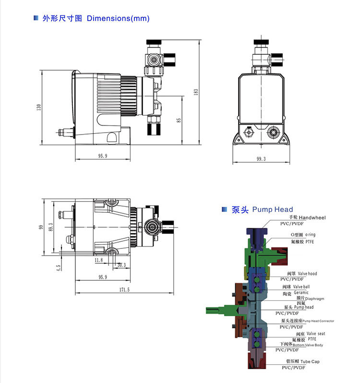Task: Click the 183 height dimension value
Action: coord(196,91)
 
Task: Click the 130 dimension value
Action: coord(39,107)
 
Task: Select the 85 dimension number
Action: coord(179,120)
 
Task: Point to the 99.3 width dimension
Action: coord(261,159)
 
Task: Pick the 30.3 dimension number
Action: coord(121,264)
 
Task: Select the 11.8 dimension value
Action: coord(98,260)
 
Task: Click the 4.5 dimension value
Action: coord(58,267)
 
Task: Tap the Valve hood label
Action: coord(307,273)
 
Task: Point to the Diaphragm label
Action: coord(314,298)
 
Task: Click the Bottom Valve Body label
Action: coord(308,345)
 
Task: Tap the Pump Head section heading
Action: coord(273,210)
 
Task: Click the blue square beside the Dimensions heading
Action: coord(35,18)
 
